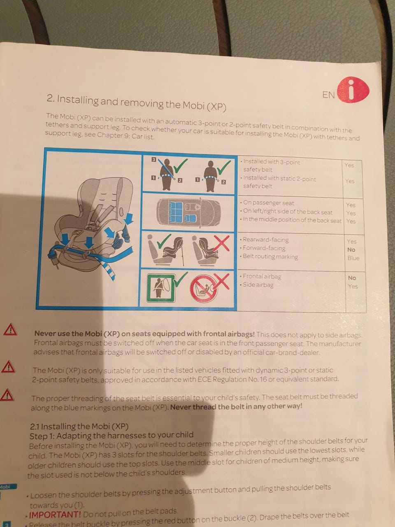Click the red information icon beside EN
[353, 90]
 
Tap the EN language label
[329, 95]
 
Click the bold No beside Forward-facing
[351, 250]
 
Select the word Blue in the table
[353, 258]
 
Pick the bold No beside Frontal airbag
[352, 278]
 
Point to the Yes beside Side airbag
[353, 286]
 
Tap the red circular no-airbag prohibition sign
[204, 288]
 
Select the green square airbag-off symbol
[161, 288]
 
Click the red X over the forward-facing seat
[221, 243]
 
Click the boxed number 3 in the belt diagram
[154, 159]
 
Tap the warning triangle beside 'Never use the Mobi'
[10, 330]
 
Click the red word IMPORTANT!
[55, 515]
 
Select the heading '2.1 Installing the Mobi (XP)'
[79, 427]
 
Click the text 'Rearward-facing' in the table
[265, 240]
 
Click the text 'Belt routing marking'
[270, 257]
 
